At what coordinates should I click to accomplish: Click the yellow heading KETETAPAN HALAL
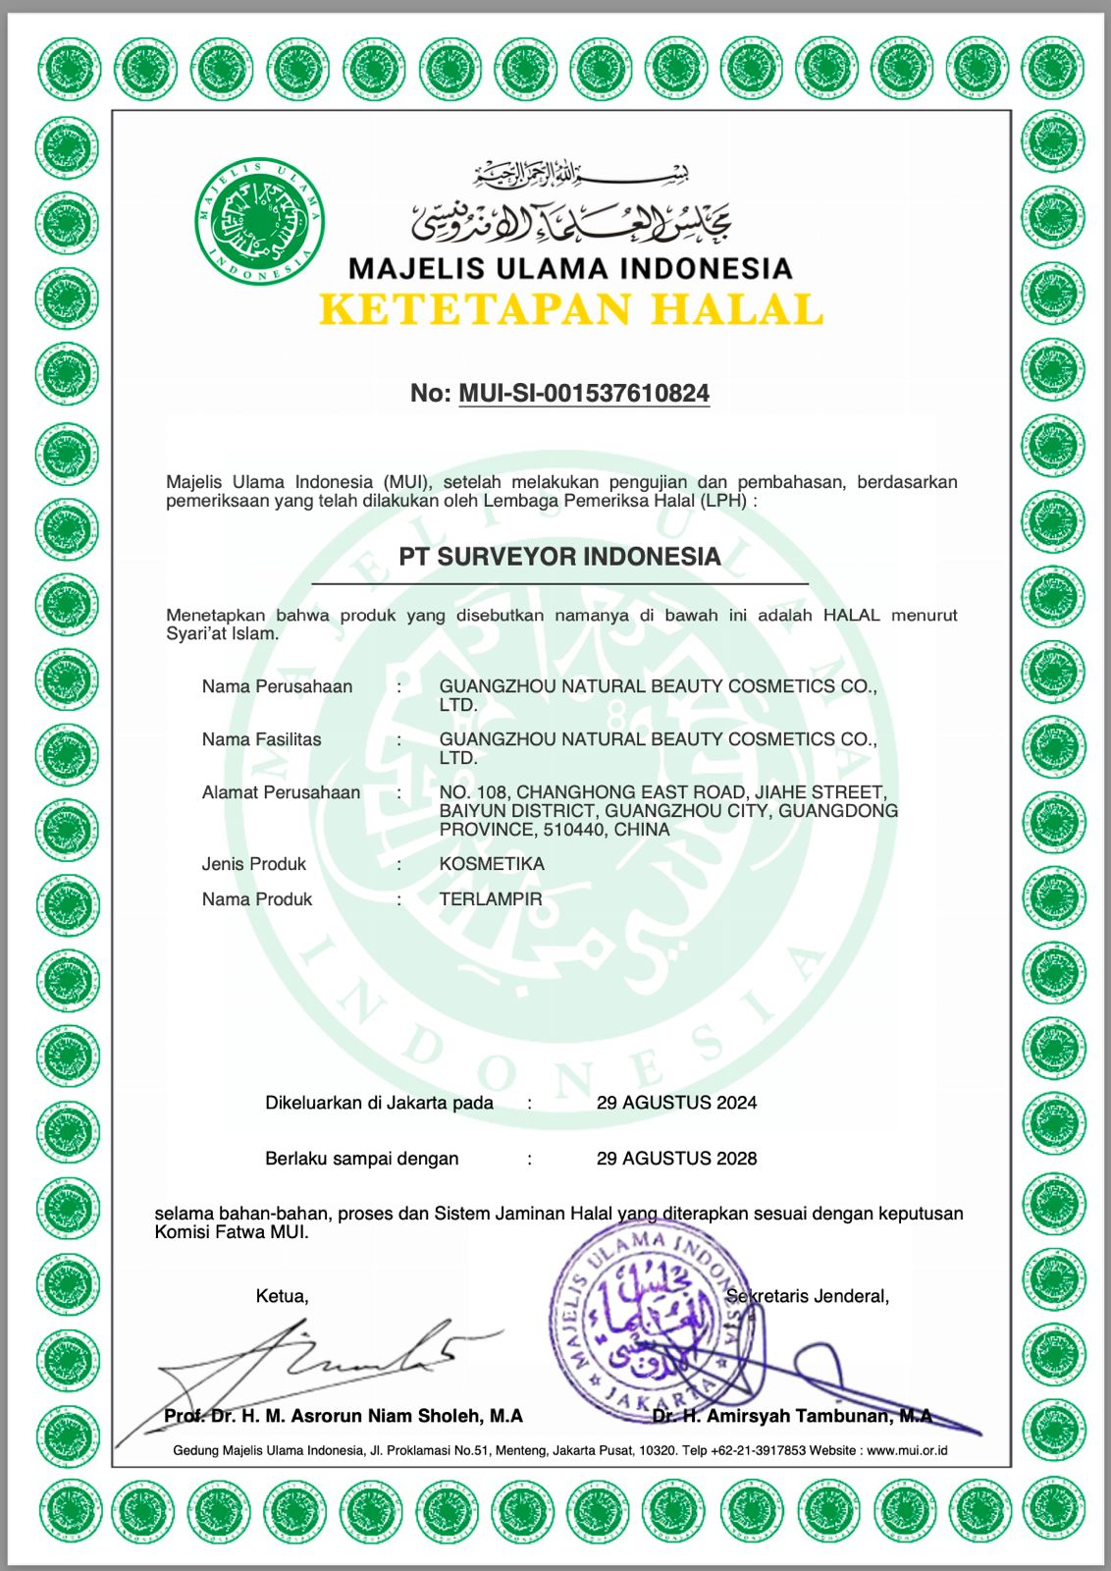570,309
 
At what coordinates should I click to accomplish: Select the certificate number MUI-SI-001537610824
584,394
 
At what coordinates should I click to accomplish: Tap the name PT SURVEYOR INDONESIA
559,557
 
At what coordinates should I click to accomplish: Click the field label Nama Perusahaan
277,686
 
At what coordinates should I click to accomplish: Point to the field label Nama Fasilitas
261,739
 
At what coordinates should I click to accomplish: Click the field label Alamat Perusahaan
281,792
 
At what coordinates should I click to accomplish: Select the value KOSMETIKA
492,864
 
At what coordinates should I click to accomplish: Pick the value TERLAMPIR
491,899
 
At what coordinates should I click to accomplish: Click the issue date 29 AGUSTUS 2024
676,1103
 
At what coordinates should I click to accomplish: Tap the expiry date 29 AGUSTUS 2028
676,1159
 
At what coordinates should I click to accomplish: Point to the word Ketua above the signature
282,1296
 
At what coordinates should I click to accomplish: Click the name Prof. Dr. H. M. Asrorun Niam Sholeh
344,1416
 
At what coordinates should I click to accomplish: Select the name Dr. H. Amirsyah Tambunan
792,1416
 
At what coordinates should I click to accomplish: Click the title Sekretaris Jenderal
808,1296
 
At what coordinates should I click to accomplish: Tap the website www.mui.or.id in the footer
907,1450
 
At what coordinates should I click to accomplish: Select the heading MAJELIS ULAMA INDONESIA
570,268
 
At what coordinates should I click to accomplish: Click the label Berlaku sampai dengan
361,1159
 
